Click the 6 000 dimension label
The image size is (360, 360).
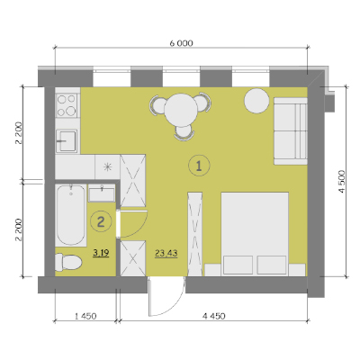tap(181, 43)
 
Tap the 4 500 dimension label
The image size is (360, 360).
tap(343, 182)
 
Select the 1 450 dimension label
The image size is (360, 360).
tap(85, 316)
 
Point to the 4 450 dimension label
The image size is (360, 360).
tap(213, 316)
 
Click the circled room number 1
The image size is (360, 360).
tap(199, 166)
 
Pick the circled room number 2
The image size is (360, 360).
tap(101, 221)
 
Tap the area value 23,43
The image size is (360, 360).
tap(166, 254)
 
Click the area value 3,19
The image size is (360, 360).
tap(101, 253)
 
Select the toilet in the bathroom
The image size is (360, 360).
tap(68, 262)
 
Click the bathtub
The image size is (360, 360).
tap(71, 215)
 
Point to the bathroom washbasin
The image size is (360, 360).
tap(102, 193)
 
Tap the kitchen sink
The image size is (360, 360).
tap(67, 140)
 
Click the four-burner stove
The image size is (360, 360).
tap(67, 105)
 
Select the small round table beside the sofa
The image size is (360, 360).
tap(256, 101)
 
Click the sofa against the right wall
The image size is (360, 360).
tap(291, 130)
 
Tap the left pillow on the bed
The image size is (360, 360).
tap(238, 265)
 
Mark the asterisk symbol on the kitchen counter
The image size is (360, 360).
tap(107, 167)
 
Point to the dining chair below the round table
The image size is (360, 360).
tap(184, 132)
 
